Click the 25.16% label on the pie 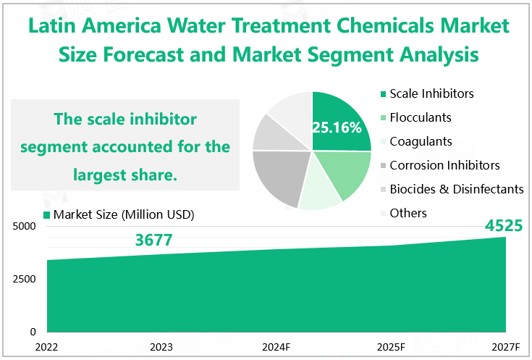coord(337,127)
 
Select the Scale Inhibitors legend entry coord(431,94)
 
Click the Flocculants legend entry coord(421,117)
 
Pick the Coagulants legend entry coord(421,141)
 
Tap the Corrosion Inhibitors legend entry coord(444,165)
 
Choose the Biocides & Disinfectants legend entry coord(456,189)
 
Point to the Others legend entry coord(408,213)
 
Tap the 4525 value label coord(505,226)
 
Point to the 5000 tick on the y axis coord(24,226)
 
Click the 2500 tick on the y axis coord(24,279)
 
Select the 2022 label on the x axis coord(47,347)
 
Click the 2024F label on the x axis coord(276,347)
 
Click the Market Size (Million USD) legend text coord(124,214)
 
